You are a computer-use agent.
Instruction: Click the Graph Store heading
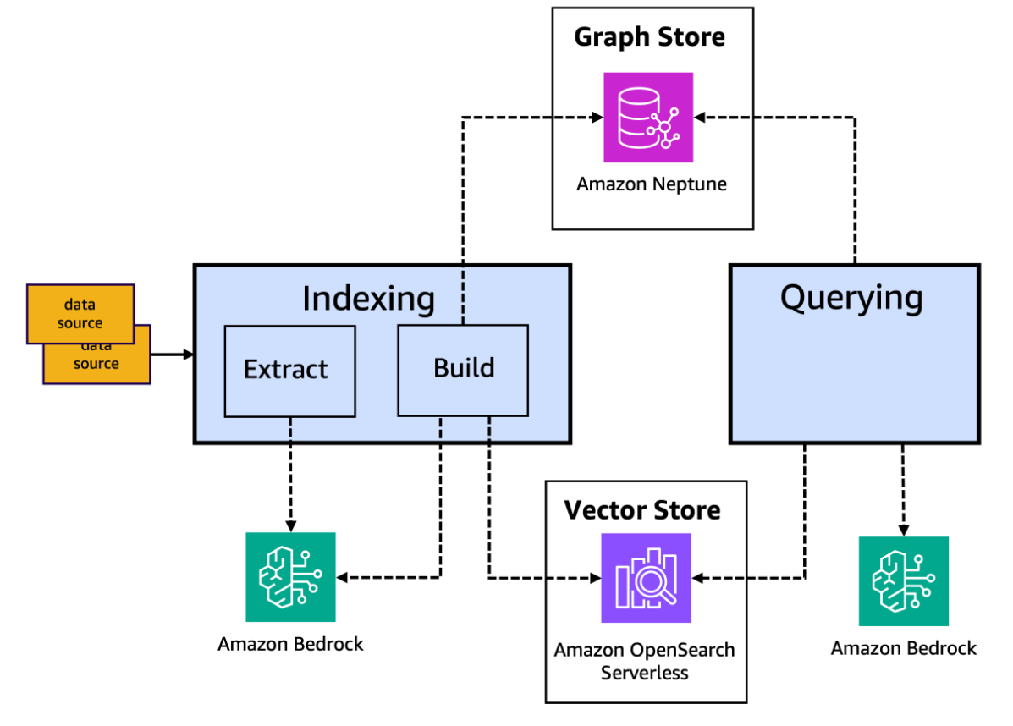[649, 37]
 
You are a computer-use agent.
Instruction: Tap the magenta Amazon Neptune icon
[648, 117]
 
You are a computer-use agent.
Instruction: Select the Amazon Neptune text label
[651, 184]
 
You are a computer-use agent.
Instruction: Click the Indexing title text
[368, 299]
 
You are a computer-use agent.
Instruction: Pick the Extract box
[289, 370]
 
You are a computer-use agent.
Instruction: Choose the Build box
[463, 369]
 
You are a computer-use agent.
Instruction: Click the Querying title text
[851, 298]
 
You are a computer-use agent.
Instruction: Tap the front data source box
[80, 313]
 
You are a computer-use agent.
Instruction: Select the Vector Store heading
[642, 510]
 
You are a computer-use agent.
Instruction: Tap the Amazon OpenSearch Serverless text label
[644, 662]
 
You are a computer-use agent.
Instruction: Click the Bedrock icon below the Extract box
[290, 577]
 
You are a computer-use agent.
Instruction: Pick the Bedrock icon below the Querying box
[903, 581]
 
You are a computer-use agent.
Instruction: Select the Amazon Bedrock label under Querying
[903, 648]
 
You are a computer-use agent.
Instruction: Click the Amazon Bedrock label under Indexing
[290, 644]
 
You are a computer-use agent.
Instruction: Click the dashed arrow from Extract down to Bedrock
[290, 474]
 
